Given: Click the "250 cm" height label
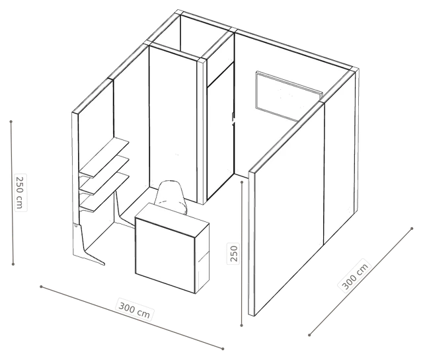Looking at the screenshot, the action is [20, 192].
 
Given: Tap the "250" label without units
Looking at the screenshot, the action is [233, 253].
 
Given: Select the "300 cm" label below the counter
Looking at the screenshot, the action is [134, 310].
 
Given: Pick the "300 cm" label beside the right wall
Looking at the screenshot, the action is [354, 275].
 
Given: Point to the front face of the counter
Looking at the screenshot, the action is [165, 256].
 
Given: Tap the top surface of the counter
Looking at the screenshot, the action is [172, 219].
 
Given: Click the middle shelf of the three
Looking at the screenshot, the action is [104, 175].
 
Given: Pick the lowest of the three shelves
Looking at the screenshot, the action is [104, 192].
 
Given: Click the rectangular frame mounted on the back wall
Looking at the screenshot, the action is [289, 96].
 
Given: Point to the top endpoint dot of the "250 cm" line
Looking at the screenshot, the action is [11, 122].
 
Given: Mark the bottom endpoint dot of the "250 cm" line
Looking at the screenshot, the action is [13, 264].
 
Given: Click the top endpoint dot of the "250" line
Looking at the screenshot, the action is [242, 182].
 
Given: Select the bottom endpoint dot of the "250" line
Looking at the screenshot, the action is [242, 326].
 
